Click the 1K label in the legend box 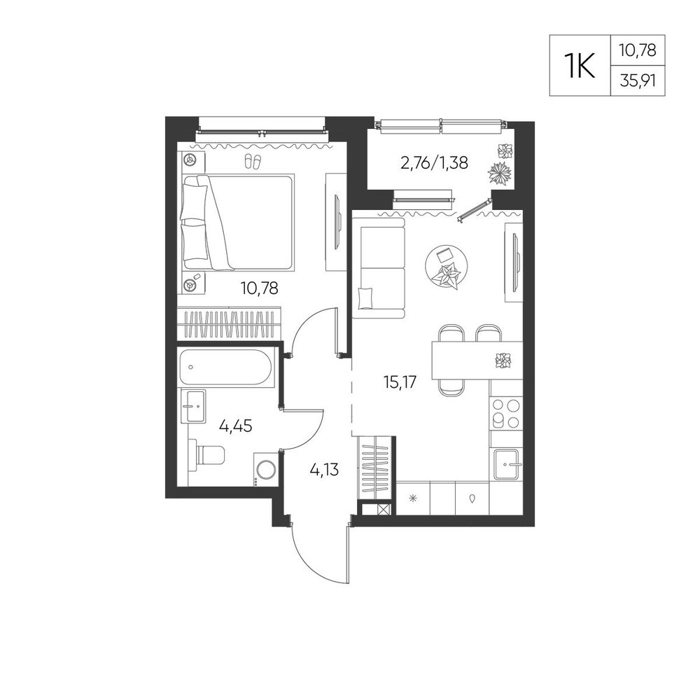coord(580,66)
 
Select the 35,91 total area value coord(638,80)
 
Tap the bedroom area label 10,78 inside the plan coord(260,288)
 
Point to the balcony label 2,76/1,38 coord(435,163)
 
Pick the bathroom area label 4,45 coord(235,426)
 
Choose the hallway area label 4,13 coord(323,470)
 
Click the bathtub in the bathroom coord(227,367)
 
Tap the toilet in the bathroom coord(206,454)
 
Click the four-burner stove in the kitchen coord(506,413)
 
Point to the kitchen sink coord(508,464)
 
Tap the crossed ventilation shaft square coord(382,510)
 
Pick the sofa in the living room coord(378,268)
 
